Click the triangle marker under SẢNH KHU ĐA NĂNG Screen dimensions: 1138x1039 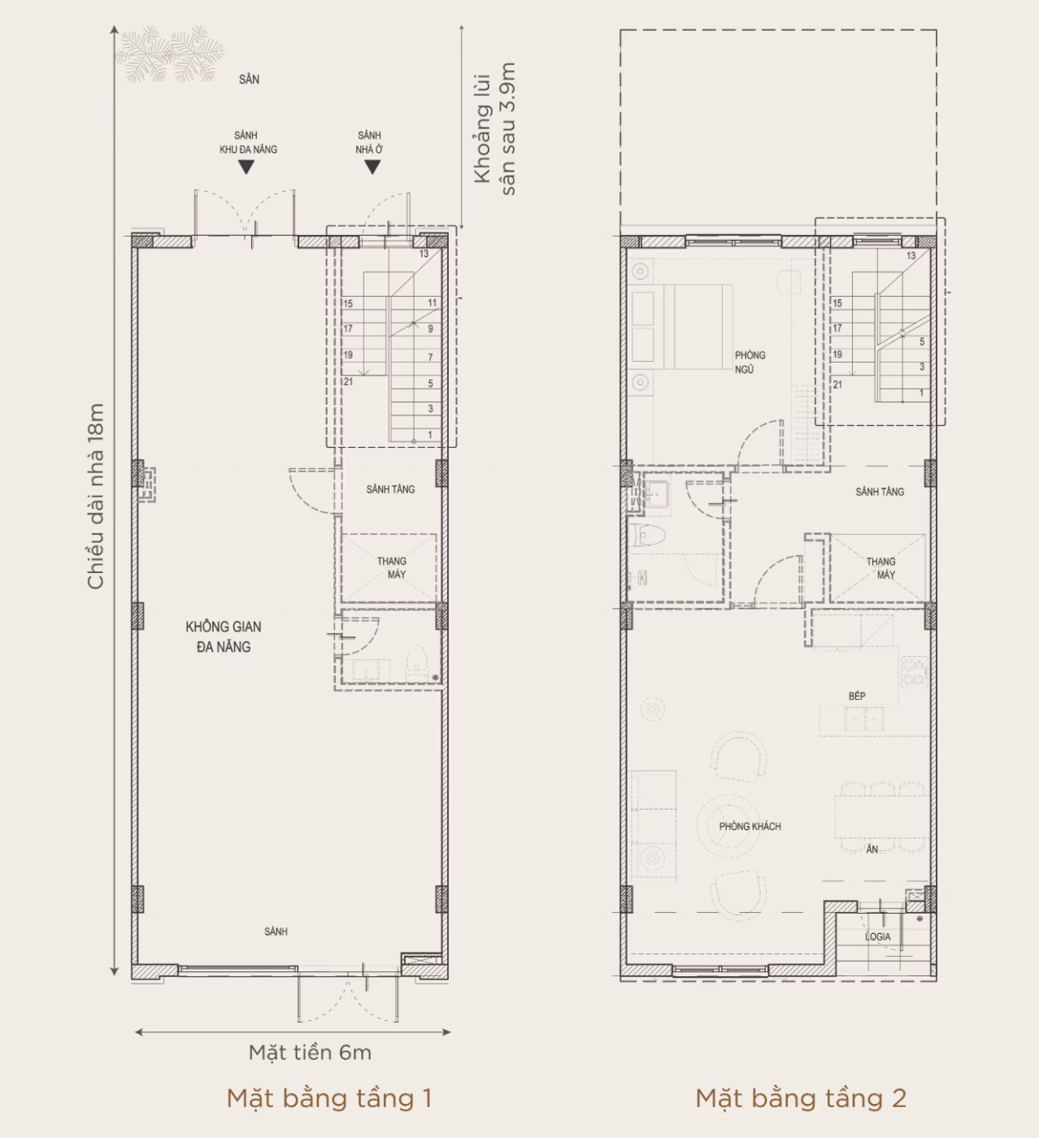246,167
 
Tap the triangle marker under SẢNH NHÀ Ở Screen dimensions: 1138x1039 372,167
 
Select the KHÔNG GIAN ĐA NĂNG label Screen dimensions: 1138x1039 224,637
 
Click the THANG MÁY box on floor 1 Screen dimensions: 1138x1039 389,567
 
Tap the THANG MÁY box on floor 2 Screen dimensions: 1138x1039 878,568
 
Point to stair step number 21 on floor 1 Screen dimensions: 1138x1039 348,382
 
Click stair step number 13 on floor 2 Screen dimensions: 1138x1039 911,256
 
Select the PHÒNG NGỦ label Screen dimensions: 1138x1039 750,362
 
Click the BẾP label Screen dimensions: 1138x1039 856,696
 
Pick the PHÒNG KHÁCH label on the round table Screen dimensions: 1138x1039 750,826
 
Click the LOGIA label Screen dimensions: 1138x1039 878,936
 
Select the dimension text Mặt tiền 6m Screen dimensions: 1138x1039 310,1053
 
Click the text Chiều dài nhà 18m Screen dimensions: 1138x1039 96,496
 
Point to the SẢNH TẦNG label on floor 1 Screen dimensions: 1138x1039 390,489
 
